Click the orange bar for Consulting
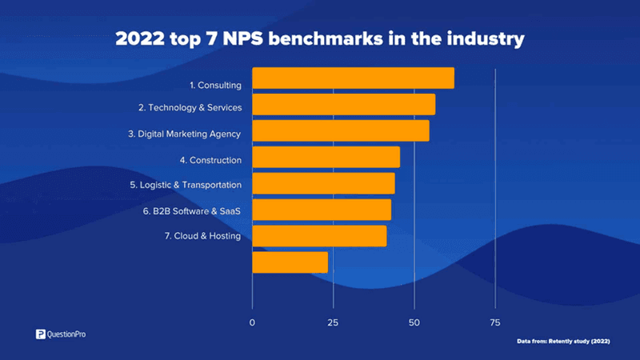(x=353, y=78)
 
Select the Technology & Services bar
(x=344, y=105)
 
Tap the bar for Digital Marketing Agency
(x=341, y=131)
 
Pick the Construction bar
(x=326, y=158)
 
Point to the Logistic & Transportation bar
(x=323, y=183)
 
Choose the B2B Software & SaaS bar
(x=322, y=210)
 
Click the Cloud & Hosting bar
(x=319, y=236)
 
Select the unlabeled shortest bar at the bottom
(x=290, y=262)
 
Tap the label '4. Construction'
(x=210, y=160)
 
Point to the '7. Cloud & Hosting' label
(x=202, y=236)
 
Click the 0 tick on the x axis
(x=253, y=322)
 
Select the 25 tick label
(x=334, y=322)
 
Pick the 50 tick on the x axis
(x=414, y=322)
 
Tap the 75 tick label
(x=495, y=322)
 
